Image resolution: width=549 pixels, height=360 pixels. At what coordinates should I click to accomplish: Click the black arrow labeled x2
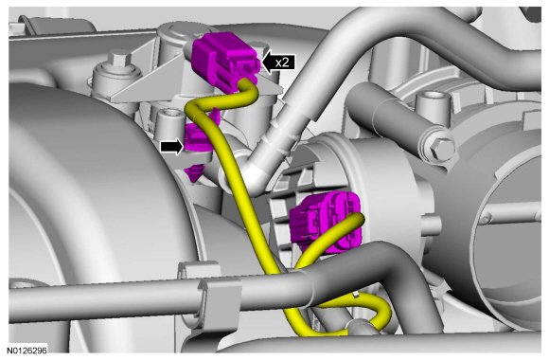[x=278, y=63]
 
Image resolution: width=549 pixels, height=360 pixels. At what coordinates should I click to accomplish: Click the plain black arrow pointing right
[x=172, y=147]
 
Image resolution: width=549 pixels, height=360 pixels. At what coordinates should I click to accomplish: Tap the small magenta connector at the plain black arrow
[x=197, y=137]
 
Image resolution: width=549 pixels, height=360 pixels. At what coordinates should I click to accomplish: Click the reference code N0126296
[x=27, y=350]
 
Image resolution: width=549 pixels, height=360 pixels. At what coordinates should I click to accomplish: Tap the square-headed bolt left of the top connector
[x=119, y=60]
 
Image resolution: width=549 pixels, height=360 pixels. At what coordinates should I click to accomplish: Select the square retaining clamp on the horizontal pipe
[x=220, y=301]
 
